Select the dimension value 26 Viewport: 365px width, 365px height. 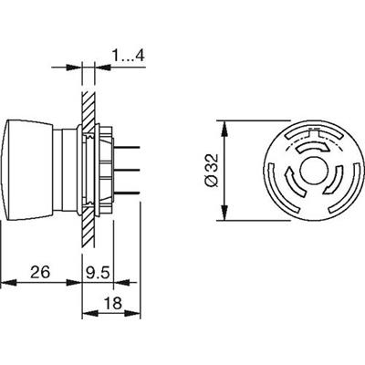coord(40,272)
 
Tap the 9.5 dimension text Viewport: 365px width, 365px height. coord(97,272)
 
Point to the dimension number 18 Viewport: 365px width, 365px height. coord(113,303)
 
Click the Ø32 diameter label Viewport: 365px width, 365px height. coord(212,170)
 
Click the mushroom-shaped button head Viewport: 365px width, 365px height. coord(30,170)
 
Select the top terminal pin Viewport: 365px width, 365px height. coord(127,147)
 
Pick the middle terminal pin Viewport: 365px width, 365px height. coord(127,170)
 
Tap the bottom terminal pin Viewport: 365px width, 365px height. coord(127,193)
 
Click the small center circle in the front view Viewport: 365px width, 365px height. coord(313,171)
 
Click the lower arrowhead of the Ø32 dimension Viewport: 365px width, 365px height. coord(224,213)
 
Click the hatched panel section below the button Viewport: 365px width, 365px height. coord(89,227)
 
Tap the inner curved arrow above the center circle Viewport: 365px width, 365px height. coord(312,147)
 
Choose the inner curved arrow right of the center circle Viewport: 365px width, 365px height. coord(335,182)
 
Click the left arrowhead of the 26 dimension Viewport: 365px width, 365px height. coord(8,282)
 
